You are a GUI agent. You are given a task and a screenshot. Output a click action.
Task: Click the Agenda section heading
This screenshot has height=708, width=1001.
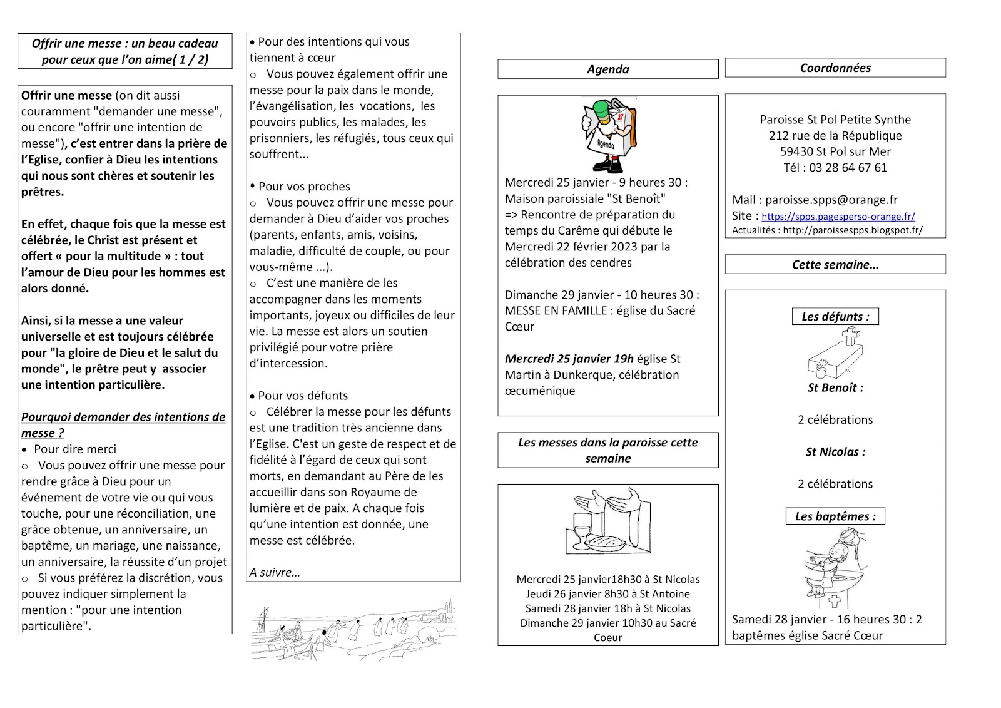point(607,69)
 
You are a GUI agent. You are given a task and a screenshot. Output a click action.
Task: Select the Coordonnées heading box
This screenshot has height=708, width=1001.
point(835,68)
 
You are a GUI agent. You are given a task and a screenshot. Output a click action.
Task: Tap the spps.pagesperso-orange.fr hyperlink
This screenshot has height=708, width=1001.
point(838,217)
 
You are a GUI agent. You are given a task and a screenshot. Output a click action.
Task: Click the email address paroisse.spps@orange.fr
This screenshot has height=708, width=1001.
point(831,200)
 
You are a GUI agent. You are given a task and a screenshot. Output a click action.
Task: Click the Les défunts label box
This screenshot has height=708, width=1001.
point(835,317)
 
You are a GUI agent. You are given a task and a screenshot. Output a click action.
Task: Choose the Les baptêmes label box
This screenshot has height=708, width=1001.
point(835,516)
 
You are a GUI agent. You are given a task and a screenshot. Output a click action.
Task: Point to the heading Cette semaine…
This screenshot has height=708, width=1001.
point(835,265)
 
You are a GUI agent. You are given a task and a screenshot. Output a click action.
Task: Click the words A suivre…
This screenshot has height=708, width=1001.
point(275,573)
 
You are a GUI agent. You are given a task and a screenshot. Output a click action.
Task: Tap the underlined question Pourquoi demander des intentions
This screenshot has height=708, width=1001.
point(123,425)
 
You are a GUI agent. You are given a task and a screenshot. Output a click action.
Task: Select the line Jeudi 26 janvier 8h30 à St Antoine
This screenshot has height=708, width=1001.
point(607,594)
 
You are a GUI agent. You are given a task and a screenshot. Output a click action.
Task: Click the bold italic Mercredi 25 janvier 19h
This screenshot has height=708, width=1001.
point(569,359)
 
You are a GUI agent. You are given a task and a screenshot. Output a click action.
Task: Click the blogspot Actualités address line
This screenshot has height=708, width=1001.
point(827,230)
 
